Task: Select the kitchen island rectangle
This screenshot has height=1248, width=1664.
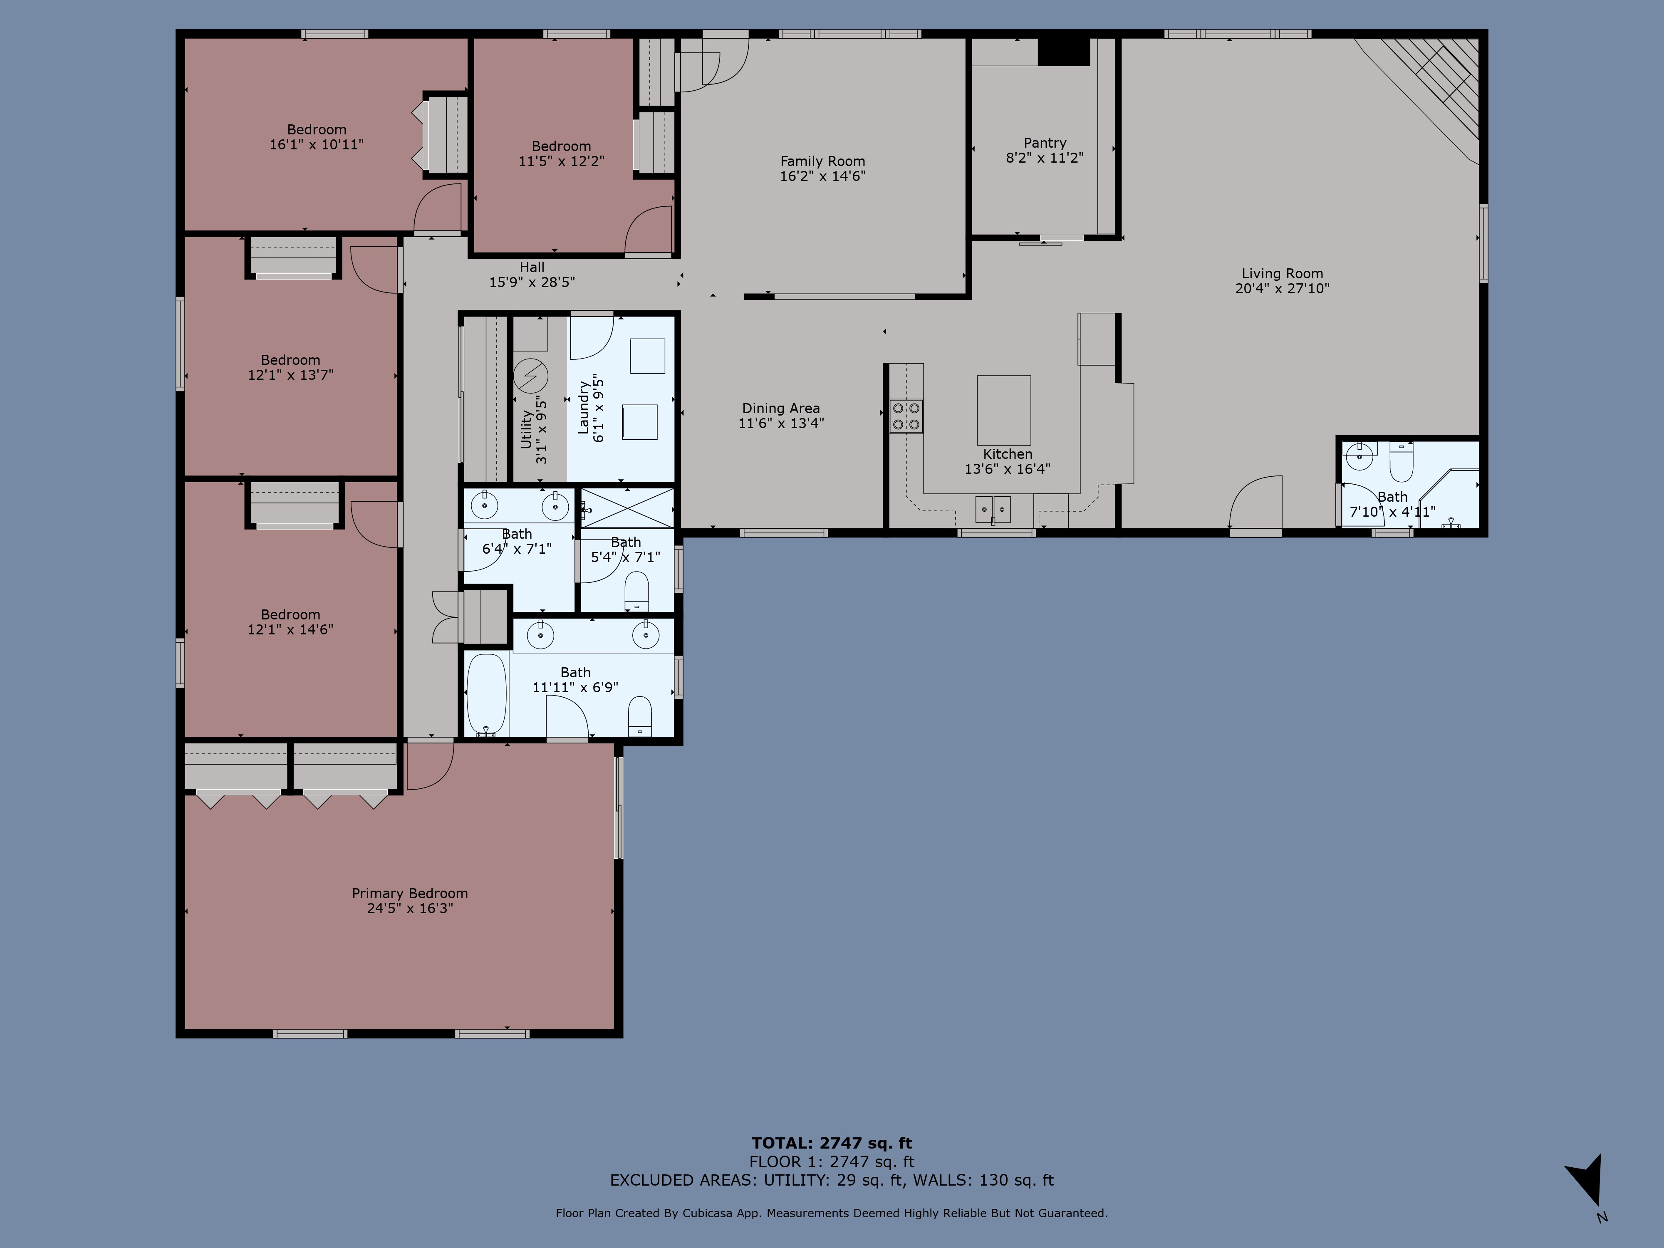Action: click(x=1003, y=410)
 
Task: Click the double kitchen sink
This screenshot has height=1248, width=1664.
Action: click(x=993, y=509)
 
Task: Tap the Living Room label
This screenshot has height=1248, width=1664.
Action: click(x=1282, y=274)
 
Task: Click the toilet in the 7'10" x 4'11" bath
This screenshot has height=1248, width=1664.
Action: click(x=1401, y=462)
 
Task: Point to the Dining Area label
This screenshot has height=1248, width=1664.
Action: click(x=781, y=409)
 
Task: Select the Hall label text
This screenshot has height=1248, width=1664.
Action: click(x=532, y=267)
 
